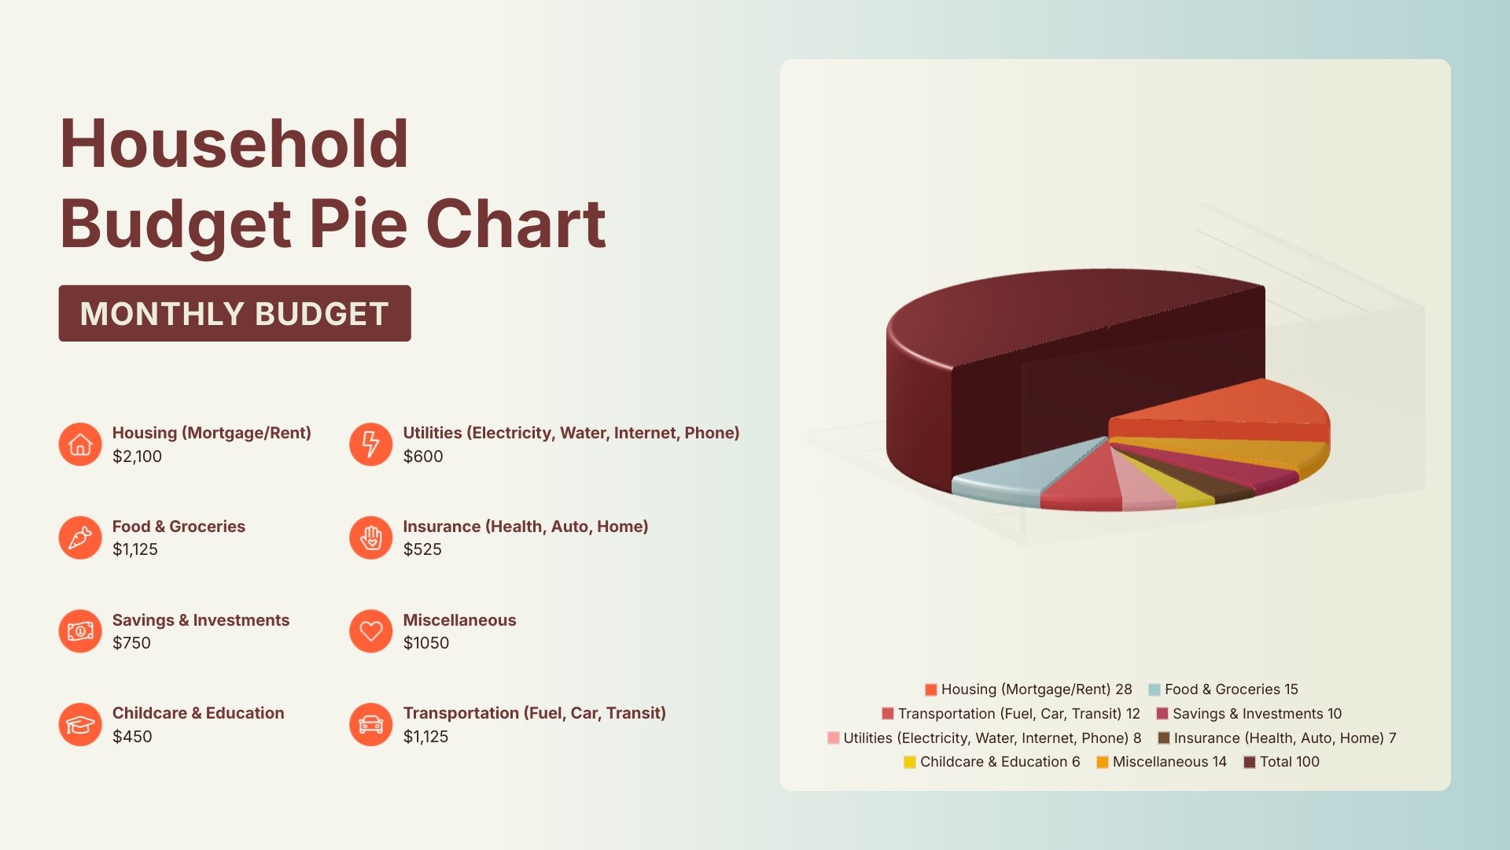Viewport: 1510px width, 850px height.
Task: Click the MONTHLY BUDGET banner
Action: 234,313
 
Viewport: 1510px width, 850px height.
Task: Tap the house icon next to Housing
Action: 80,445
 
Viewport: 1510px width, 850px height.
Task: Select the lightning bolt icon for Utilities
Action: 370,445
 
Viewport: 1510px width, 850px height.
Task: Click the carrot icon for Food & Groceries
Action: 80,538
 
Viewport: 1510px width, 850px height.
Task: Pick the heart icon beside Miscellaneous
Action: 370,631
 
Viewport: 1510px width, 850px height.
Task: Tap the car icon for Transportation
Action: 370,724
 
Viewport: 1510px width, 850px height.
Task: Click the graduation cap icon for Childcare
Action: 80,724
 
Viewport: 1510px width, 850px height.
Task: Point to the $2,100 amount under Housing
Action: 137,456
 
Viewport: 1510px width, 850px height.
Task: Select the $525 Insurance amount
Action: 422,549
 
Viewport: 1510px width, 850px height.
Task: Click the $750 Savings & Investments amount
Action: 131,643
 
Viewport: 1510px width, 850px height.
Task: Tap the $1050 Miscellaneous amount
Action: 425,643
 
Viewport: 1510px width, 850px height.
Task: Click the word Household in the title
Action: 234,144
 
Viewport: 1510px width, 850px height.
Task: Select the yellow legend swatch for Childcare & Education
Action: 910,762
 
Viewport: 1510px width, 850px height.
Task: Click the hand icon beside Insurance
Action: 370,538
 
